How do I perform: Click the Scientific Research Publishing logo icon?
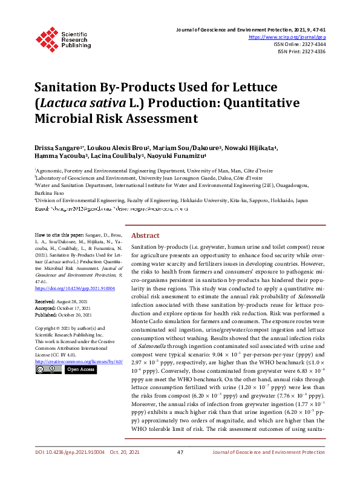coord(46,38)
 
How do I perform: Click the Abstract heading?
coord(145,235)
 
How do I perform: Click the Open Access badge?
coord(80,369)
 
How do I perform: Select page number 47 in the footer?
coord(180,469)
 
